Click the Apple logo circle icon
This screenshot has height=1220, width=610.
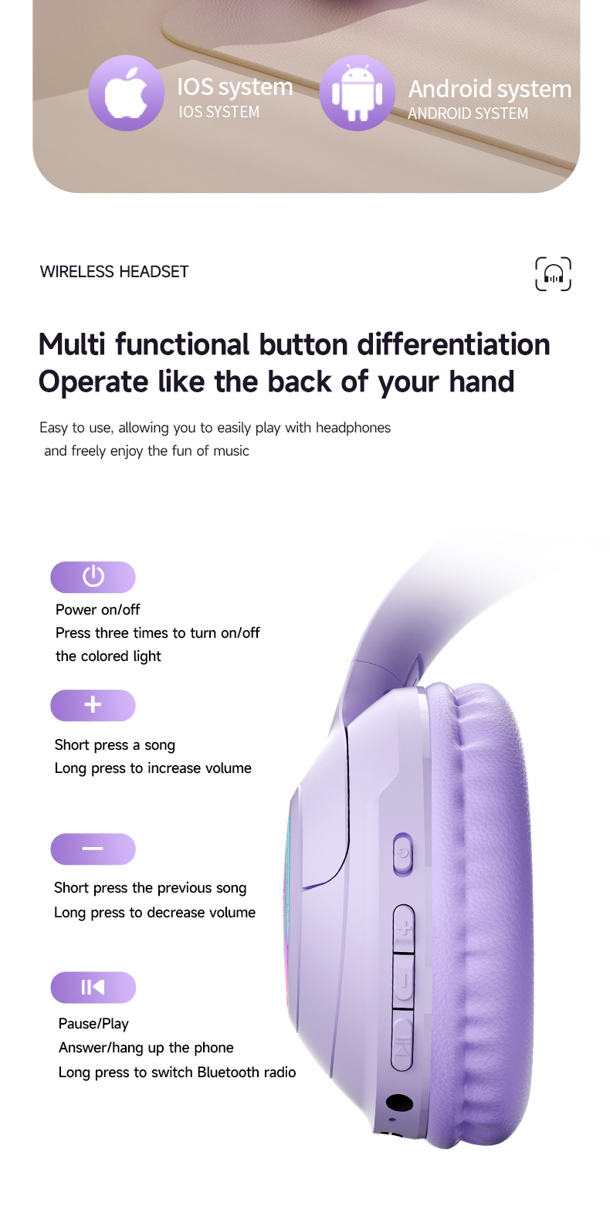pos(126,93)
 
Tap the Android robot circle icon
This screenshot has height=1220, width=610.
pos(357,93)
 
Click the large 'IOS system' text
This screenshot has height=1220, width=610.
pos(235,87)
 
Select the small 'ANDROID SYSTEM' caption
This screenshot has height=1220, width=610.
pos(468,114)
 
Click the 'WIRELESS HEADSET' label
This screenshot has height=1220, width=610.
pos(114,272)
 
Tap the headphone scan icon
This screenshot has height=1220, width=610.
pos(553,274)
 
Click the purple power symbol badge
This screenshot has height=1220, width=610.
pos(93,577)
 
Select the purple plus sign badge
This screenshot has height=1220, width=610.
pos(93,705)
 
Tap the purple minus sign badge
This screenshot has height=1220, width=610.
pos(93,849)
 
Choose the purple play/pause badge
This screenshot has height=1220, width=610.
pos(93,988)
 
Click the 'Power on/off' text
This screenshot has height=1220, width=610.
pos(98,610)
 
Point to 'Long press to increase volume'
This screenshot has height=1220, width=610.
pos(153,768)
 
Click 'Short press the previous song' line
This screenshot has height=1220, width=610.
pos(150,888)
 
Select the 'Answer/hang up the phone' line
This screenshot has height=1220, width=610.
pos(146,1048)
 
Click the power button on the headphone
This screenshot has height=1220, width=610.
pos(402,854)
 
